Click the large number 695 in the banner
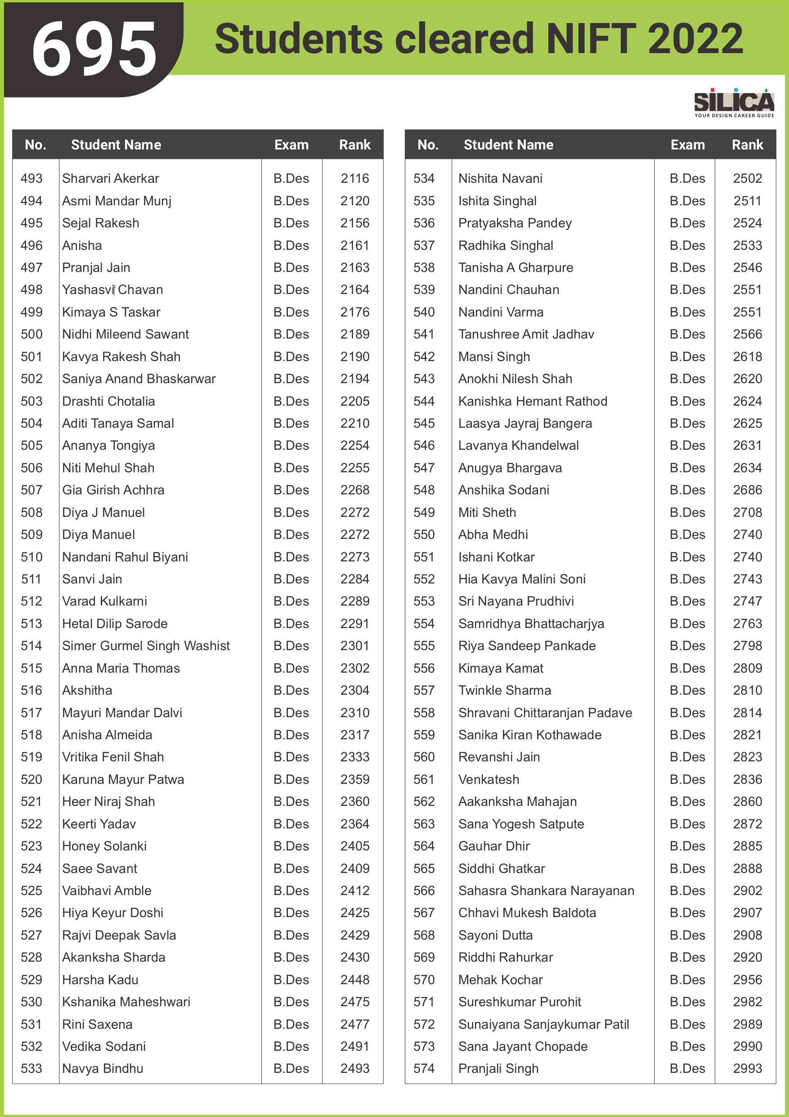94,49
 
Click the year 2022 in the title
695,39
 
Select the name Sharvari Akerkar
110,179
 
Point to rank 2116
355,179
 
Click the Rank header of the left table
355,145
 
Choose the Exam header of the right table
687,145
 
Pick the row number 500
31,334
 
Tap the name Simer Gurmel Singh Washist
146,646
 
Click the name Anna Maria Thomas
121,669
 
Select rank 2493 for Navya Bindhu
355,1069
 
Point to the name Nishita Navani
500,179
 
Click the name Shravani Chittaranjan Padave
545,713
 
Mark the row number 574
424,1069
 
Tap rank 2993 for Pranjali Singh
748,1069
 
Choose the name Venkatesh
489,780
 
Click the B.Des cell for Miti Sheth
687,513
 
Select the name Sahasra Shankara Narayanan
546,891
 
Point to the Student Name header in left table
116,145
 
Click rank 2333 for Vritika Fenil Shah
355,757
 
